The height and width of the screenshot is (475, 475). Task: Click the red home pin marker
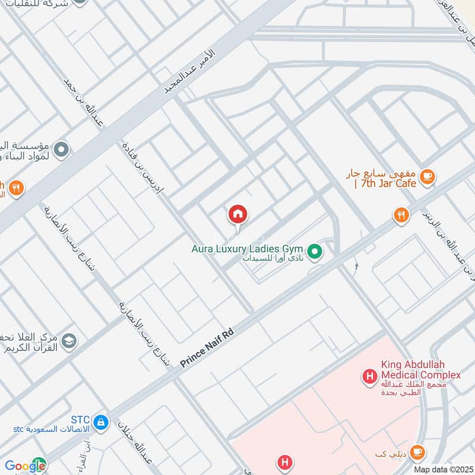point(238,215)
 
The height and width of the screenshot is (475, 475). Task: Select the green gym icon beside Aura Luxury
point(316,252)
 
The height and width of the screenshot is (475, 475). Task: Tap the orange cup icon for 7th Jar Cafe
point(426,176)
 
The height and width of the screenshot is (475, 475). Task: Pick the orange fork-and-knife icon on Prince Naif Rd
point(402,215)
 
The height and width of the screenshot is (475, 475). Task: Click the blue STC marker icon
point(101,422)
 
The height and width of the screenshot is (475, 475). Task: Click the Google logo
point(25,466)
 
